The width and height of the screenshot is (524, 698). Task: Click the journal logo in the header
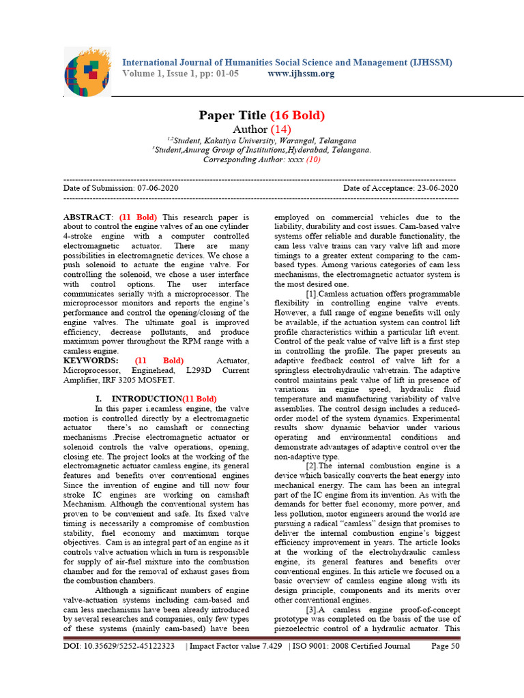(86, 71)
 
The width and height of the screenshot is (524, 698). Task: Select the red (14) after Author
(280, 129)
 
